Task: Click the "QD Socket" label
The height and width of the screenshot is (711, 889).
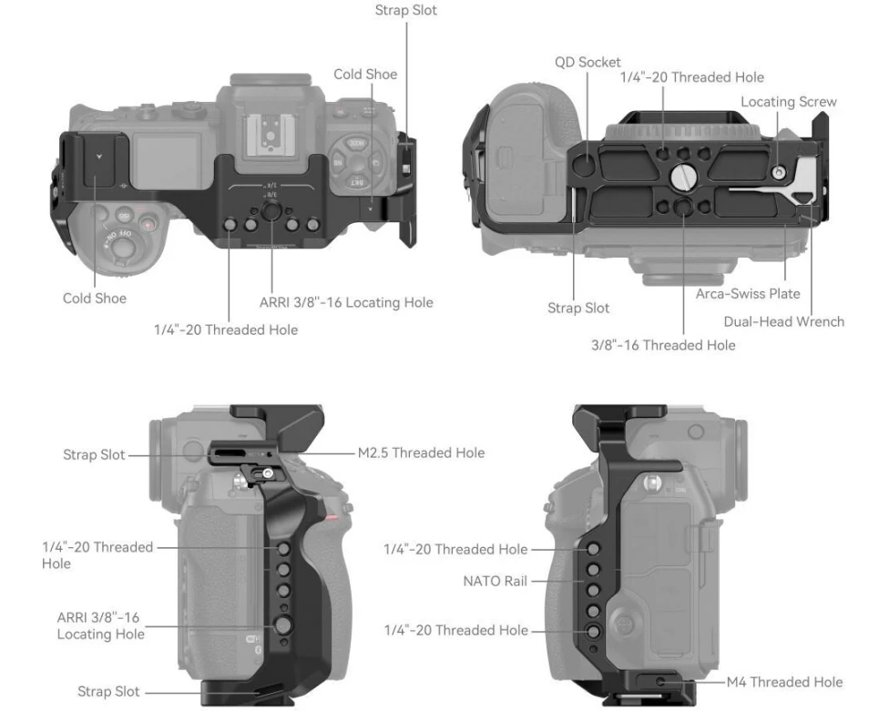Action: pyautogui.click(x=588, y=62)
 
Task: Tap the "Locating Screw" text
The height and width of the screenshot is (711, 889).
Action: pyautogui.click(x=788, y=101)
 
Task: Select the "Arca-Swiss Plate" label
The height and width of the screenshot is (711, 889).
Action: pyautogui.click(x=748, y=293)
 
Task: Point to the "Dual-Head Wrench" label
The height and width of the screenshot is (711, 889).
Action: pyautogui.click(x=783, y=320)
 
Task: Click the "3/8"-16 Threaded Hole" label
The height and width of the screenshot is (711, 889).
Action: pyautogui.click(x=662, y=345)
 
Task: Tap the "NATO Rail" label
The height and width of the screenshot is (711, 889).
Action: pyautogui.click(x=495, y=580)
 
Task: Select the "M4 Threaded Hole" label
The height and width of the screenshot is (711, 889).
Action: pyautogui.click(x=784, y=682)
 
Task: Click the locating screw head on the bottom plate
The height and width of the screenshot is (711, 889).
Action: pyautogui.click(x=777, y=171)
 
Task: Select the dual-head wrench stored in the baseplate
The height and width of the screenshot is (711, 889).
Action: pyautogui.click(x=774, y=193)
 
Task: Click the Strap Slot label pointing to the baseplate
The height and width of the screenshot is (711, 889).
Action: pyautogui.click(x=578, y=308)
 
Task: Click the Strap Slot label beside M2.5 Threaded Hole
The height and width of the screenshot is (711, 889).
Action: pyautogui.click(x=94, y=454)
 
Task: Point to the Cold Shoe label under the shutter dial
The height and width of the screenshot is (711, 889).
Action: pyautogui.click(x=95, y=298)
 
